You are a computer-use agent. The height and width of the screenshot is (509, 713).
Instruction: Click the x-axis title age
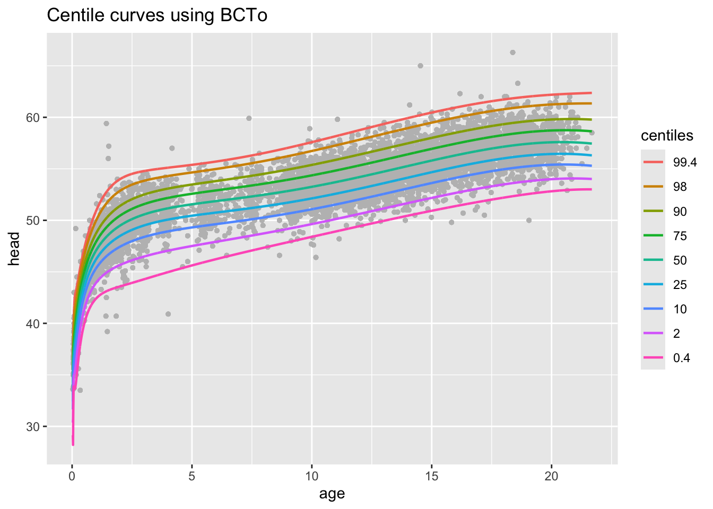(x=332, y=494)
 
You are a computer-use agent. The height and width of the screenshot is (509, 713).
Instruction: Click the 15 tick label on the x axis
(x=432, y=476)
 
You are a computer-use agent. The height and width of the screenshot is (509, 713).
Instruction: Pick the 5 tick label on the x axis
(x=192, y=476)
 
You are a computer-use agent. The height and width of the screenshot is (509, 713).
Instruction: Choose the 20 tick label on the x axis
(x=552, y=476)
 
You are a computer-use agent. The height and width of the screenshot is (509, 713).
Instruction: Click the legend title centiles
(x=667, y=136)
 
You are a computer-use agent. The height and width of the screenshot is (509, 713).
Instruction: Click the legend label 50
(x=680, y=260)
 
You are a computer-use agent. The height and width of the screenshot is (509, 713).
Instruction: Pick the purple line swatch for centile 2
(x=653, y=334)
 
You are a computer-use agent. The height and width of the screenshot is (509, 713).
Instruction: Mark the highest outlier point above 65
(x=512, y=52)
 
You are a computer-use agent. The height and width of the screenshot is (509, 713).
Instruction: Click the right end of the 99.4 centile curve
(x=591, y=93)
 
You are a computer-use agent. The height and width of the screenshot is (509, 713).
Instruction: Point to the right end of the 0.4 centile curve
(x=591, y=189)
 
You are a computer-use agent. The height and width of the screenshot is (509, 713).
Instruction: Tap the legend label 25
(x=680, y=285)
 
